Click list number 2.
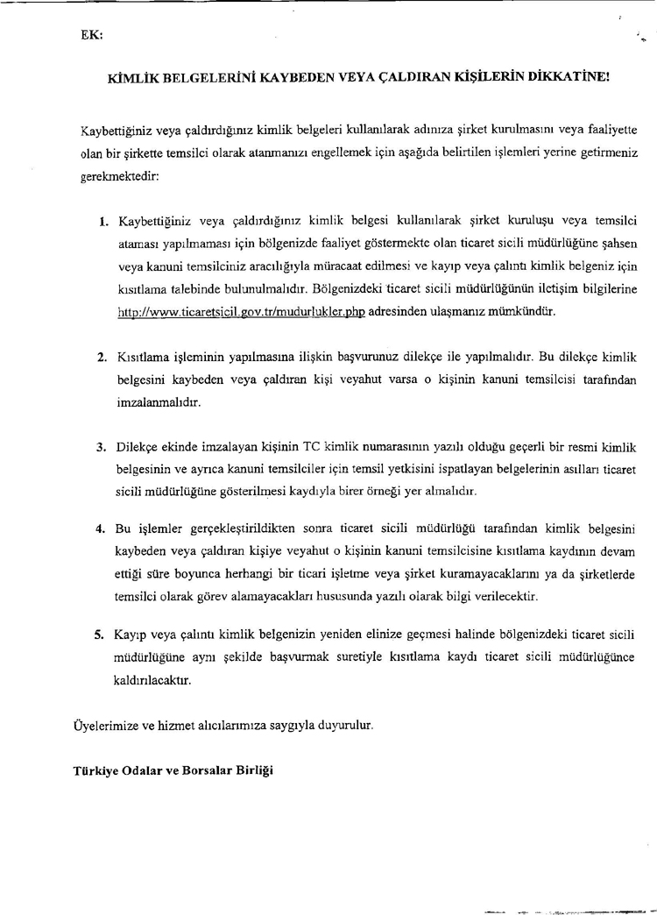(x=102, y=358)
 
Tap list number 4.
(x=102, y=529)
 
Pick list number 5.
(x=102, y=633)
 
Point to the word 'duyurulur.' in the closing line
(x=343, y=725)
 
